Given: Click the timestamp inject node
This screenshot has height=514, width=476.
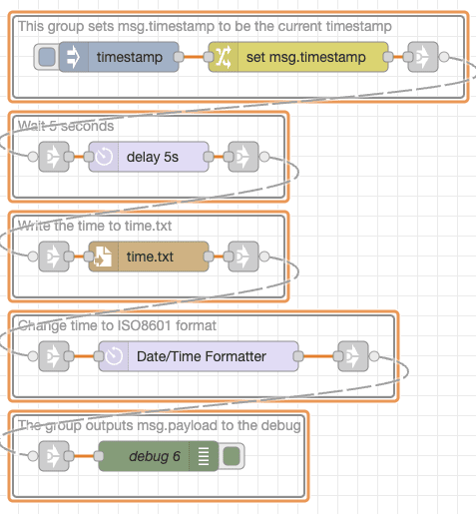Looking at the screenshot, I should click(119, 57).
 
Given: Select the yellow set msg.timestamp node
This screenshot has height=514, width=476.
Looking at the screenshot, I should click(298, 57).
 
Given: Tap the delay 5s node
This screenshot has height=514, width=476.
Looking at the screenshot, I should click(149, 157).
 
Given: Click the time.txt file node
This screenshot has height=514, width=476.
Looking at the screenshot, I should click(149, 257).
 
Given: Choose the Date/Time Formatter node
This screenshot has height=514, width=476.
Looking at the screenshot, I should click(199, 356).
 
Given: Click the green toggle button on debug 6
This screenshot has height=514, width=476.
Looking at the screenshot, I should click(232, 456).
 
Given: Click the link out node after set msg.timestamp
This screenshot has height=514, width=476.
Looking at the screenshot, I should click(423, 57).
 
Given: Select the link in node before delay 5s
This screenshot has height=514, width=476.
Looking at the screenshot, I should click(54, 157).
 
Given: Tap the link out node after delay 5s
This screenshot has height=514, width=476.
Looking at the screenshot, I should click(243, 157).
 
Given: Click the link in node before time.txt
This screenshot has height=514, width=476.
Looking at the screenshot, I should click(54, 257).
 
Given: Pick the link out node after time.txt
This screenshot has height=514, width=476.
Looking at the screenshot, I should click(243, 257).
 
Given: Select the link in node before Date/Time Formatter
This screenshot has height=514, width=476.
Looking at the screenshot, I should click(54, 356).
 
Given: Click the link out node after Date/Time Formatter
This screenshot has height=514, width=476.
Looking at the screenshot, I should click(353, 356).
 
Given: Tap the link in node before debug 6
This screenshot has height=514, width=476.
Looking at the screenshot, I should click(54, 456).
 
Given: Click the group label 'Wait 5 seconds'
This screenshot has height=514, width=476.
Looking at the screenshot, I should click(66, 126).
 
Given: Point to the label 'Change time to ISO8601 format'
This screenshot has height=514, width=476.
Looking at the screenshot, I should click(118, 325).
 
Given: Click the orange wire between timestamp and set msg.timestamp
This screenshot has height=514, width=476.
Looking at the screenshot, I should click(194, 57).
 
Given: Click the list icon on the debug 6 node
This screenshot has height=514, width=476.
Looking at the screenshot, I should click(203, 456).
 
